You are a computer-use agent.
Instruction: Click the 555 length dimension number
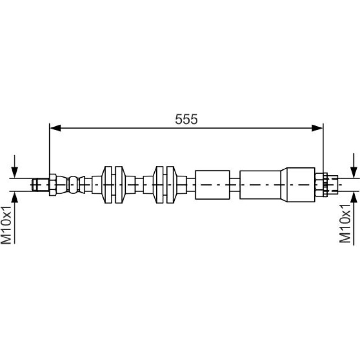(186, 119)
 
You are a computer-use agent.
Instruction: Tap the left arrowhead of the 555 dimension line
(55, 128)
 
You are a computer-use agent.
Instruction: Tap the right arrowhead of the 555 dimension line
(317, 128)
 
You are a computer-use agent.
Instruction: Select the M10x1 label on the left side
(6, 225)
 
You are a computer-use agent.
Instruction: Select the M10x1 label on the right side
(345, 223)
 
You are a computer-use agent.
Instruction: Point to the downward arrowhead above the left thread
(14, 172)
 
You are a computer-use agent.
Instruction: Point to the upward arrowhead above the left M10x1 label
(14, 197)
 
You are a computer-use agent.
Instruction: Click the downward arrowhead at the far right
(354, 172)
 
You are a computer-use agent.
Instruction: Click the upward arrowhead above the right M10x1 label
(354, 197)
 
